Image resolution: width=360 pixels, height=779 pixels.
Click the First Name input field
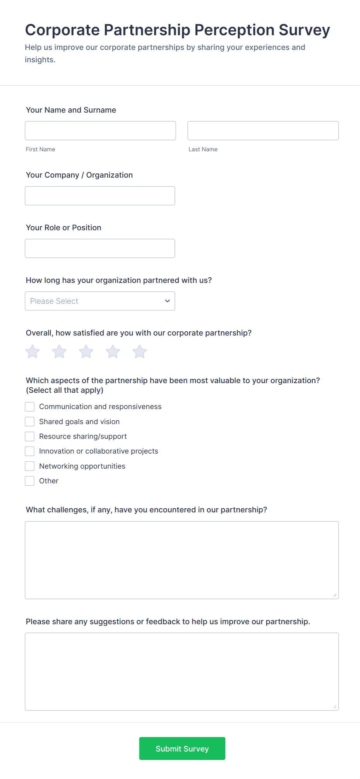tap(100, 131)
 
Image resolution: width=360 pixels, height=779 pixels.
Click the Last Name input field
tap(263, 131)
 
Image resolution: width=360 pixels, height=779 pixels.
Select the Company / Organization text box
tap(100, 196)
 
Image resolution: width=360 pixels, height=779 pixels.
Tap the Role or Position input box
tap(100, 248)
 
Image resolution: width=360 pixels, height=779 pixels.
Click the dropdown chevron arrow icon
tap(167, 301)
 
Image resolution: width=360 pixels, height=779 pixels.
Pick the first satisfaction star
tap(33, 352)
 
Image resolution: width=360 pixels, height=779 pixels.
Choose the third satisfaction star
tap(86, 352)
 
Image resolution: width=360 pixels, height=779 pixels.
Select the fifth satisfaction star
tap(139, 352)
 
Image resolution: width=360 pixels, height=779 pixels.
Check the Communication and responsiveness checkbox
tap(30, 407)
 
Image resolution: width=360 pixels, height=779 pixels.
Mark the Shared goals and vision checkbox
tap(30, 421)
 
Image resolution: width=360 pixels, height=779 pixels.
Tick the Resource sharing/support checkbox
tap(30, 437)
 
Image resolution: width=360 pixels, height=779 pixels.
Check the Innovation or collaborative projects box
tap(30, 451)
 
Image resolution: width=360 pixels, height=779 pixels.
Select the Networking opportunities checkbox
tap(30, 466)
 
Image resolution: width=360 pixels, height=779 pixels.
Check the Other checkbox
tap(30, 481)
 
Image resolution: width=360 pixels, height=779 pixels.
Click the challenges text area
tap(182, 560)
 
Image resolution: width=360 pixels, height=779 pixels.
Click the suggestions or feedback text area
tap(182, 671)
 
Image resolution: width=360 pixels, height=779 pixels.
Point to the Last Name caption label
tap(203, 149)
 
